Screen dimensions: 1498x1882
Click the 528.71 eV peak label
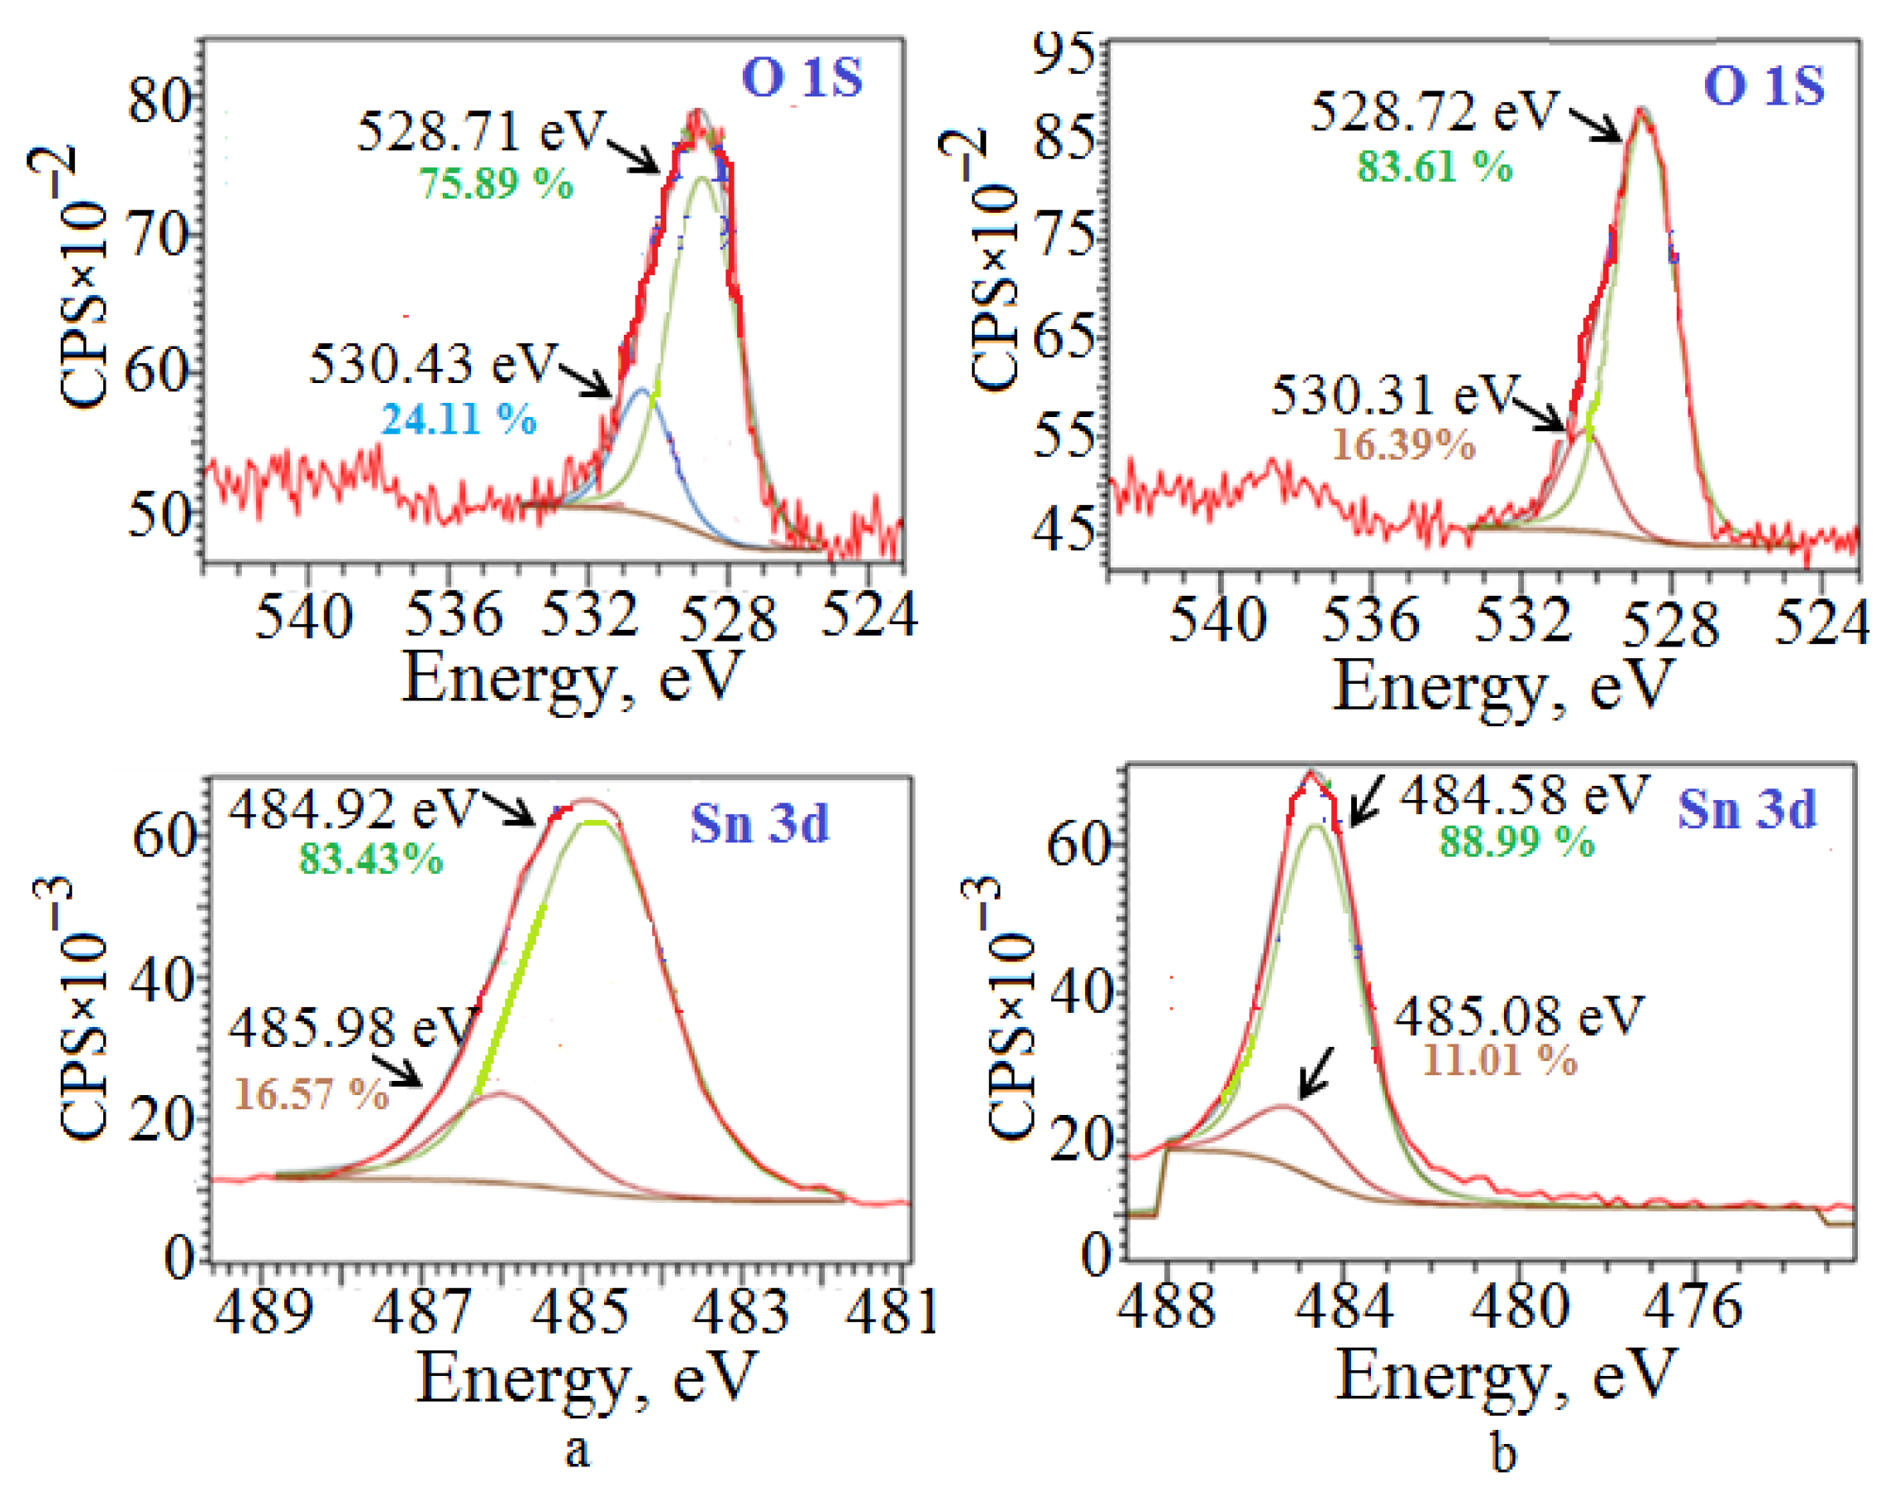[x=481, y=132]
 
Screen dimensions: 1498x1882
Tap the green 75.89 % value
[x=496, y=184]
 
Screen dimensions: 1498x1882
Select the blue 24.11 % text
[x=459, y=420]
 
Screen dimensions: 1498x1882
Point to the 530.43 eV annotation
[x=433, y=364]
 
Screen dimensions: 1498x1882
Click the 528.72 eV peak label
[x=1434, y=111]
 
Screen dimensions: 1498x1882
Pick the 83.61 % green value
[x=1434, y=166]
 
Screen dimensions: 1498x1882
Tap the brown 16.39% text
[x=1403, y=445]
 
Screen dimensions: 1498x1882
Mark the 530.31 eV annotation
[x=1394, y=395]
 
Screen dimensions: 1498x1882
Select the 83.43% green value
[x=371, y=859]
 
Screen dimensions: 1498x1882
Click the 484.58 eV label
[x=1524, y=795]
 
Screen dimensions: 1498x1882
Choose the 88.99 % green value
[x=1517, y=842]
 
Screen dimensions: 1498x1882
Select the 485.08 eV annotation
[x=1519, y=1017]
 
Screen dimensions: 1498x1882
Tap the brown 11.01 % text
[x=1501, y=1061]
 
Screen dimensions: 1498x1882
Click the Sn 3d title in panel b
[x=1747, y=810]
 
